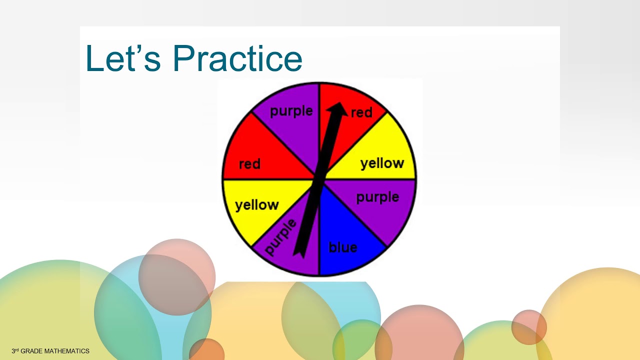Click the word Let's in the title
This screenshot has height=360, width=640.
pos(123,58)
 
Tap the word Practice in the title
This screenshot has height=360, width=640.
pos(237,58)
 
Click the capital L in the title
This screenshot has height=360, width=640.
pos(94,58)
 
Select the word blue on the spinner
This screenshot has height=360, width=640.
pos(342,247)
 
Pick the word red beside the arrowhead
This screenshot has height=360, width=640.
pos(361,112)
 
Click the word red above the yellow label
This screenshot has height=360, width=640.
pos(249,163)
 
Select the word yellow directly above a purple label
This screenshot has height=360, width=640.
pos(382,163)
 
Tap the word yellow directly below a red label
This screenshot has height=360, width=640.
pos(256,205)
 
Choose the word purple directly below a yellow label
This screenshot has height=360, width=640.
pos(377,197)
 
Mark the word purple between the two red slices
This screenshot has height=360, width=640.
pos(291,111)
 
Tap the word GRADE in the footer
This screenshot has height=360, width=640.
pos(31,351)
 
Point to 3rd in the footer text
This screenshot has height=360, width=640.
pos(15,351)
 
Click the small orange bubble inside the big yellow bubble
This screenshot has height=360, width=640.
pos(528,327)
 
